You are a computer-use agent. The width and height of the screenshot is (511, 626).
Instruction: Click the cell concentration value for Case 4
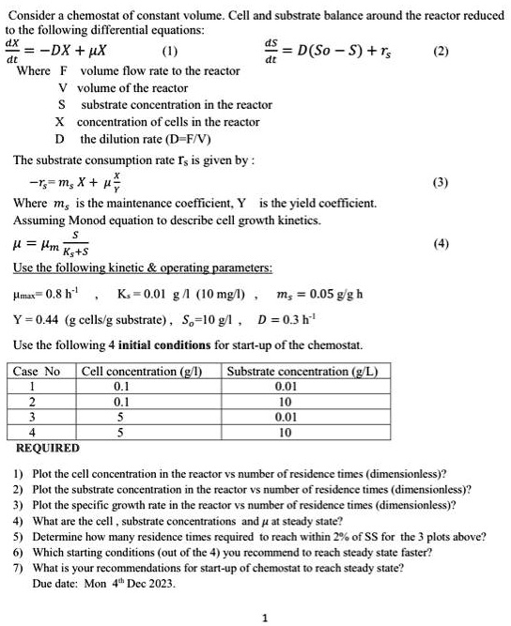[120, 433]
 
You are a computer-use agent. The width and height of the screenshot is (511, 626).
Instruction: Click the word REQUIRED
[48, 448]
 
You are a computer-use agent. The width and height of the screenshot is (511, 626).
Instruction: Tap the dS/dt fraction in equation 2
[271, 49]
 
